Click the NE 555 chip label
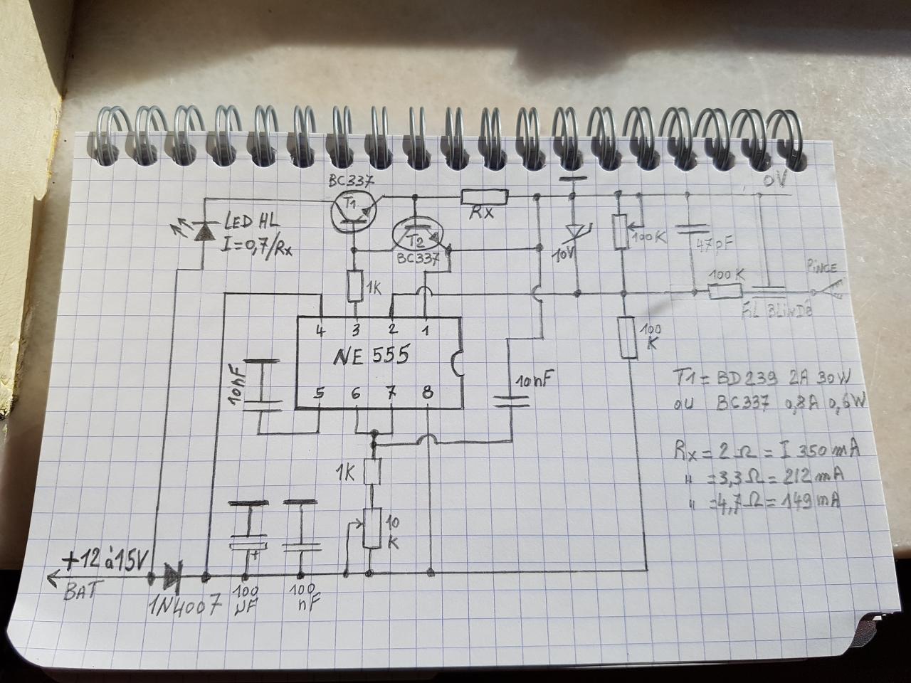coord(371,355)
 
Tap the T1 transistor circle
coord(352,211)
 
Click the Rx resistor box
coord(485,197)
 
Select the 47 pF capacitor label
coord(712,245)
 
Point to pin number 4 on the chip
coord(322,330)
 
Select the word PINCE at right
coord(821,268)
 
